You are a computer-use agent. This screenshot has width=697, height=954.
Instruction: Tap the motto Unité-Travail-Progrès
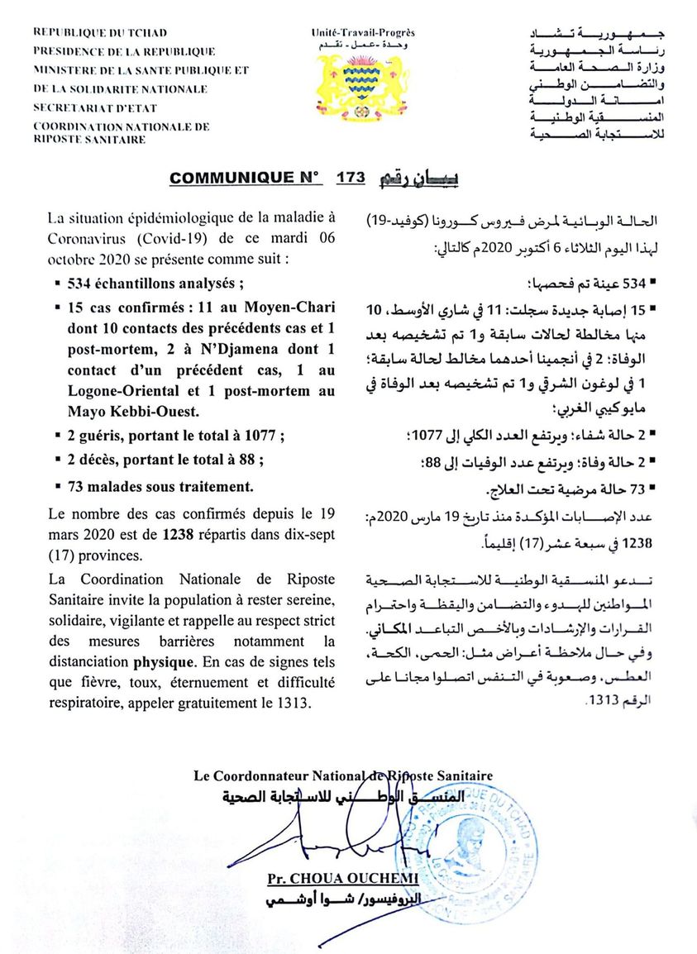pos(363,32)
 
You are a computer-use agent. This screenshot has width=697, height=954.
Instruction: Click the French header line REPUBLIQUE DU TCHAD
pos(100,33)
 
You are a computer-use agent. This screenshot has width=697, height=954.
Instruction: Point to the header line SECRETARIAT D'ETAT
pos(95,107)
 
